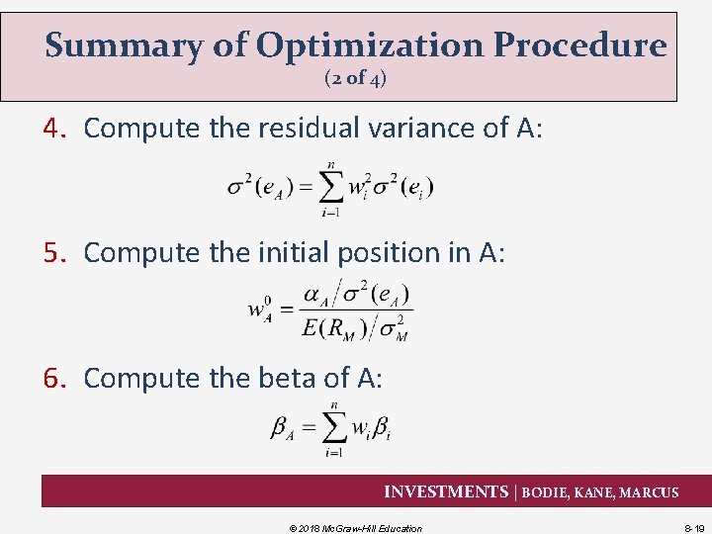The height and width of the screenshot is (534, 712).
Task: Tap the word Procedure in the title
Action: [580, 45]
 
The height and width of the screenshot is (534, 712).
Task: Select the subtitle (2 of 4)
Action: [355, 79]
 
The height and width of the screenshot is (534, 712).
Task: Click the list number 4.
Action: [54, 128]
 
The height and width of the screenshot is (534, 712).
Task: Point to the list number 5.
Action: [54, 252]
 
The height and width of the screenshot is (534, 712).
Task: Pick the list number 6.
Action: [54, 378]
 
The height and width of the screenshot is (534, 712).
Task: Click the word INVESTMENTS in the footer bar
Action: [445, 491]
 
